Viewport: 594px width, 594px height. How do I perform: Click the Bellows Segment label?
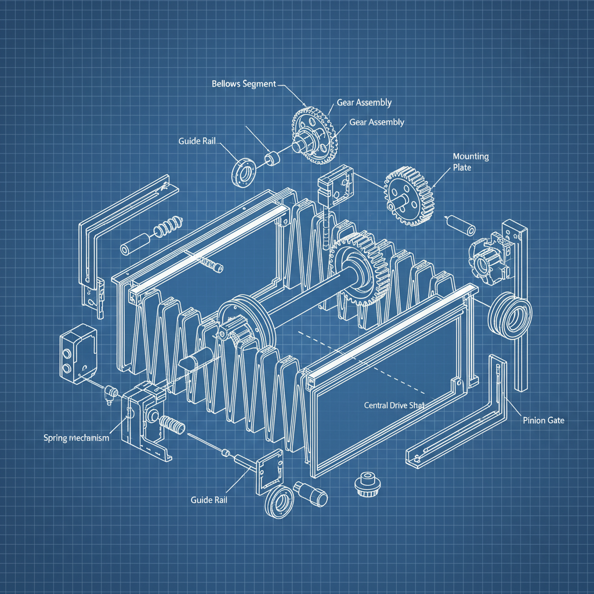tap(244, 84)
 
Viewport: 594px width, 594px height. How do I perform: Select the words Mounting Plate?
tap(470, 162)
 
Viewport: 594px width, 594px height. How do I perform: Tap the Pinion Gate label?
tap(543, 420)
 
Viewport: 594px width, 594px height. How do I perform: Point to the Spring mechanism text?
tap(76, 438)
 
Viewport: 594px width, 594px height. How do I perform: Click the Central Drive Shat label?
tap(394, 405)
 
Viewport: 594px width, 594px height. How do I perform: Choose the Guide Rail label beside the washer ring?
tap(198, 141)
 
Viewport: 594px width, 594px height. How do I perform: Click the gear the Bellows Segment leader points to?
tap(314, 135)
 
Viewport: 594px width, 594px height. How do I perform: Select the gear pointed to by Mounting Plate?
tap(408, 195)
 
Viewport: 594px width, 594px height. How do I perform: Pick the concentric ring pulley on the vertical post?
tap(510, 316)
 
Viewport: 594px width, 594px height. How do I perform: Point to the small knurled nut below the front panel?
tap(365, 483)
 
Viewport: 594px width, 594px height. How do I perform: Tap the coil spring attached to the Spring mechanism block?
tap(172, 426)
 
